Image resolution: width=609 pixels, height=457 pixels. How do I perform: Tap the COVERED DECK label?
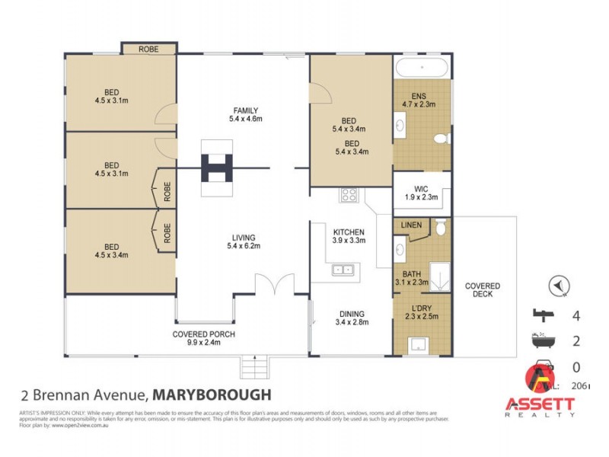pyautogui.click(x=483, y=291)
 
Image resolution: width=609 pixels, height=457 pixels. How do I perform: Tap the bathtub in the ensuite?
pyautogui.click(x=422, y=66)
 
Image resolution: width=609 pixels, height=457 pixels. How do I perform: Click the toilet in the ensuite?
pyautogui.click(x=440, y=139)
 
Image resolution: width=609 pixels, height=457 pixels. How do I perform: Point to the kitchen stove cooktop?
pyautogui.click(x=349, y=194)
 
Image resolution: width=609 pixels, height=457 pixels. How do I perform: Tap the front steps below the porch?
pyautogui.click(x=255, y=368)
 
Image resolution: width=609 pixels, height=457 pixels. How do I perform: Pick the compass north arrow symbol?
pyautogui.click(x=560, y=286)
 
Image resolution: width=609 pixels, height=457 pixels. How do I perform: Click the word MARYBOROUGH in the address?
pyautogui.click(x=212, y=395)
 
